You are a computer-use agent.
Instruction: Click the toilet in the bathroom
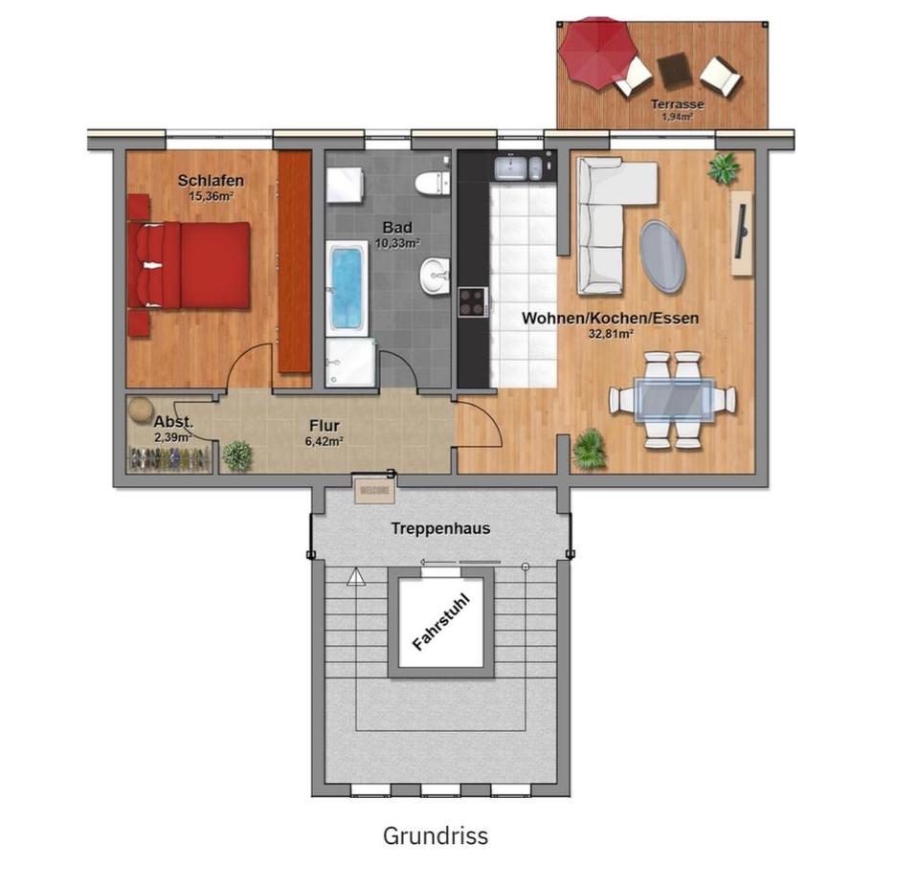432,181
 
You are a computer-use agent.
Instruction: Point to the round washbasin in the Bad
434,277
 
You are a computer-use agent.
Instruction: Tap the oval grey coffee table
661,255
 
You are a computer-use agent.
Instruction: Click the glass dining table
674,398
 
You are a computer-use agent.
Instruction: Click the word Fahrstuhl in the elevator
440,623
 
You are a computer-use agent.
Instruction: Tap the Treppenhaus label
440,528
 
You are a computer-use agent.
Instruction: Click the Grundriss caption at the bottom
436,835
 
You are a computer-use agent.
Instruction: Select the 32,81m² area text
612,335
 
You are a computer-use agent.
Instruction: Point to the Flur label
324,426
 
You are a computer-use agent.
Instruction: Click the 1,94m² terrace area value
678,117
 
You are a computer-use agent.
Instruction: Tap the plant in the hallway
237,455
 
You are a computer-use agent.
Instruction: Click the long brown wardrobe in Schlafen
295,260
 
